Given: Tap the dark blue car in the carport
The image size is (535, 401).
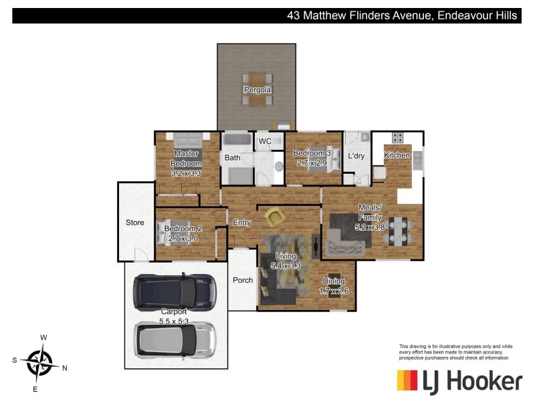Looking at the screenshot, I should tap(174, 291).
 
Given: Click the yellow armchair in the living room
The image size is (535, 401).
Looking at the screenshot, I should tap(274, 217).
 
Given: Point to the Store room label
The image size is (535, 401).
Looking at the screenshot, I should tap(135, 223).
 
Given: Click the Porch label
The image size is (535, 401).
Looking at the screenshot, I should tap(243, 280).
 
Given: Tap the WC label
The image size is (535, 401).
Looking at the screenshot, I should tap(265, 141).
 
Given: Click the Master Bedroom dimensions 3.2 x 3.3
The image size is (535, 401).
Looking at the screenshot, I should tap(186, 173).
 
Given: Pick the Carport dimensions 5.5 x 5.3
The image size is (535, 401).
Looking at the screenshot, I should tap(175, 321).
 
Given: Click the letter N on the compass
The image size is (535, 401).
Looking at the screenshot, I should tap(65, 368).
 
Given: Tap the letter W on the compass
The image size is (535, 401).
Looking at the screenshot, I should tap(43, 338).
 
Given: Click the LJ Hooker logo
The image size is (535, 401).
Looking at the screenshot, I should tap(459, 381).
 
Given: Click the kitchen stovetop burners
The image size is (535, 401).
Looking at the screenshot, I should tap(397, 138).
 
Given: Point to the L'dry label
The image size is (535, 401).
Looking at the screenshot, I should tap(356, 156).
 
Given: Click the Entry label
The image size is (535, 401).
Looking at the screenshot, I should tap(241, 223).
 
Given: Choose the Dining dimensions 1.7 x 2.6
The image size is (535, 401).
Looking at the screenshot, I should tap(334, 291).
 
